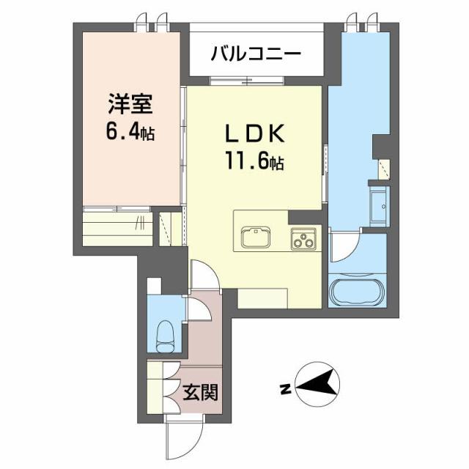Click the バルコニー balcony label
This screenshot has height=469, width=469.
click(x=256, y=53)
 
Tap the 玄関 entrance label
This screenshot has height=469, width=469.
click(x=200, y=393)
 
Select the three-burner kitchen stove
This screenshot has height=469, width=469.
click(x=303, y=238)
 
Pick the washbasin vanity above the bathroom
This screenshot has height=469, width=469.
click(x=380, y=205)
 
